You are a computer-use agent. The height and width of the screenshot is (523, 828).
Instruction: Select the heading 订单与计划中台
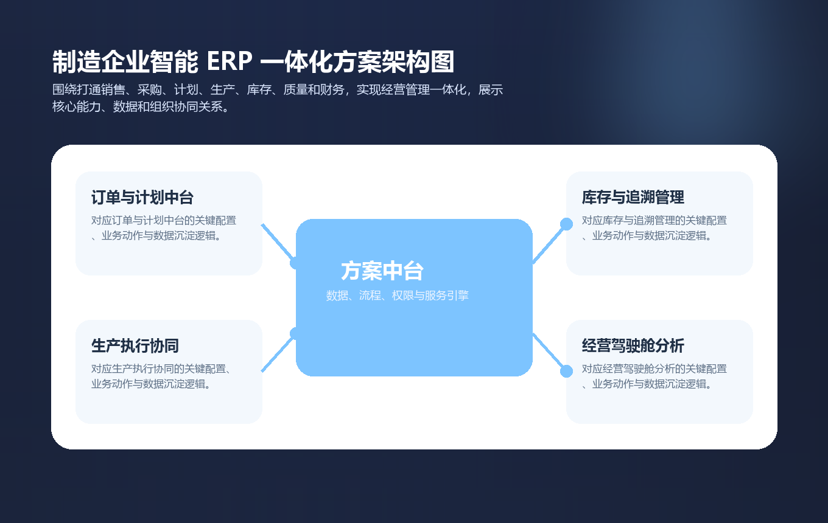click(x=142, y=198)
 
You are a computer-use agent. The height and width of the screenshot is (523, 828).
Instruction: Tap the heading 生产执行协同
click(x=135, y=346)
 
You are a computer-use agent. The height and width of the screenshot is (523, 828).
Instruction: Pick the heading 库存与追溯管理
click(x=633, y=198)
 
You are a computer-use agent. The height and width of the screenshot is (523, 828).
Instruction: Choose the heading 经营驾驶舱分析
click(x=633, y=346)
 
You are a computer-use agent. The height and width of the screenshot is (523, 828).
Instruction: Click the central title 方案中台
click(x=382, y=271)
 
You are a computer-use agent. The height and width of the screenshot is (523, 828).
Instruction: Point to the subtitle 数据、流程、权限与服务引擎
click(x=397, y=296)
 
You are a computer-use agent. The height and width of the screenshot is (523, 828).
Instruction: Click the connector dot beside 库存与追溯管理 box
click(x=566, y=224)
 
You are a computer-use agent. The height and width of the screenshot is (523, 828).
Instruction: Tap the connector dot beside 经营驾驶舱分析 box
click(x=566, y=371)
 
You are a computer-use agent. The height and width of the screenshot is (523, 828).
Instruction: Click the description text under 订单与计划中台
click(x=163, y=228)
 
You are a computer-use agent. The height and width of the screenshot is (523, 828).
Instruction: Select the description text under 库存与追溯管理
click(x=654, y=228)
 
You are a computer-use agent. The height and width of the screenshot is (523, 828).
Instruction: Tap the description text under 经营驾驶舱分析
click(x=654, y=376)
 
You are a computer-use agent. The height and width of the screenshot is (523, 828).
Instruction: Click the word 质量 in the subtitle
click(x=295, y=90)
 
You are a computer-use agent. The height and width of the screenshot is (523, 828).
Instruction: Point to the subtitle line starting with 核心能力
click(x=141, y=107)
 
